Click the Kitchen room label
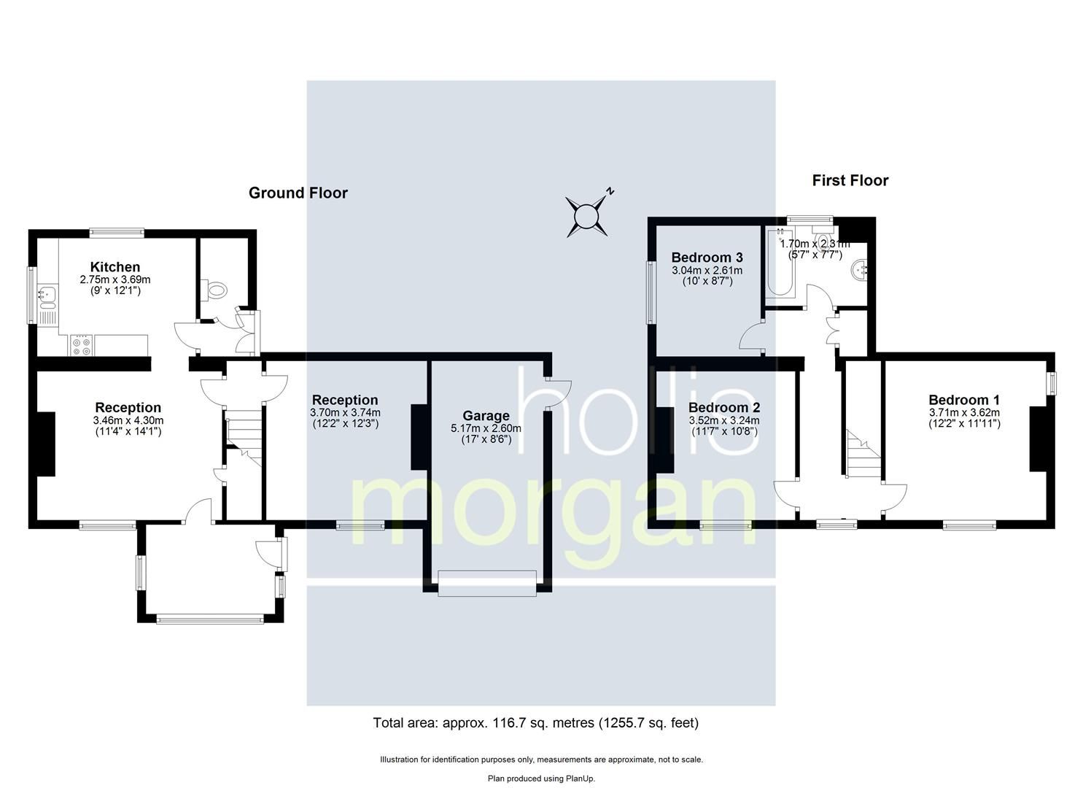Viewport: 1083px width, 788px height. pos(114,267)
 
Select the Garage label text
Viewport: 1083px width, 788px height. pos(486,417)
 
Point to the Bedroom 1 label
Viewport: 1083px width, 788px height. pos(963,400)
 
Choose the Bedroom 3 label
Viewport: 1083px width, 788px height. pos(707,258)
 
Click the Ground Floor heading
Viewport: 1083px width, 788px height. pos(298,193)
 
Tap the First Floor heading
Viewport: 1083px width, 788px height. pos(850,180)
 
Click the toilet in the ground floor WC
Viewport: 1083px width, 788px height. pos(217,290)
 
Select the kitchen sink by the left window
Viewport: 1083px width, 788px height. pos(48,295)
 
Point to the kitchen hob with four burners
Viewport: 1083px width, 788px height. pos(82,345)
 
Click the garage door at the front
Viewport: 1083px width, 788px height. pos(486,583)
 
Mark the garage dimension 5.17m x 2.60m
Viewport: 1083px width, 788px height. pos(486,428)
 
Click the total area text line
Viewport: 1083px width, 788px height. pos(535,723)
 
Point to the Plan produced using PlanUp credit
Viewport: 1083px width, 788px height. pos(541,779)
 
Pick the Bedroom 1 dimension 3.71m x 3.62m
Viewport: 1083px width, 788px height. pos(963,412)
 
